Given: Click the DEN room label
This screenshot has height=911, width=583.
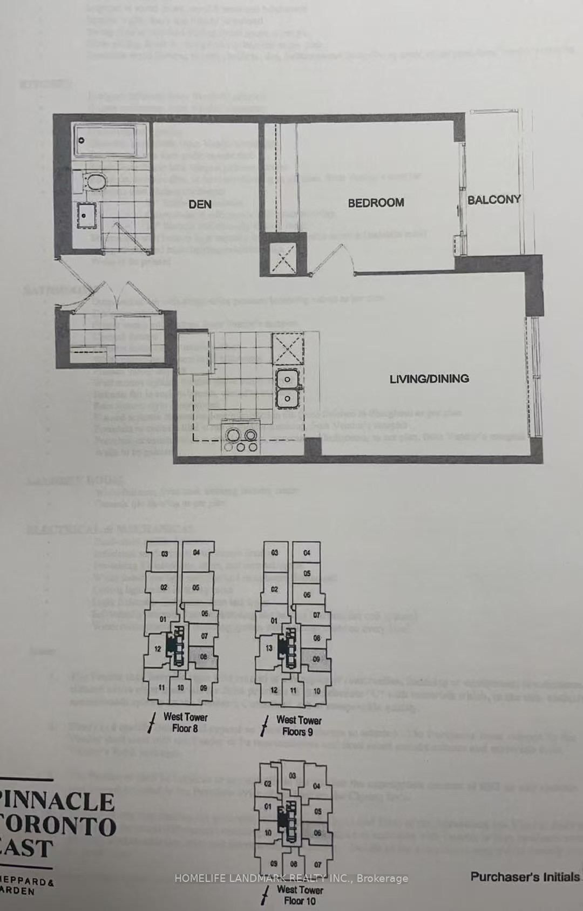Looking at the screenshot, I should (x=200, y=204).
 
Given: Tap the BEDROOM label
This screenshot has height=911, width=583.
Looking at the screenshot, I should (x=376, y=203).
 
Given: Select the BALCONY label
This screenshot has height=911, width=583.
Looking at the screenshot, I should (x=493, y=200).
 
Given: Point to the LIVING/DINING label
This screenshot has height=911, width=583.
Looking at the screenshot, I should (x=429, y=379).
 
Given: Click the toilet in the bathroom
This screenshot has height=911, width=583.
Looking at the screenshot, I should (x=96, y=182).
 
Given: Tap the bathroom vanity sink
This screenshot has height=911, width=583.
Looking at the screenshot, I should (x=86, y=216).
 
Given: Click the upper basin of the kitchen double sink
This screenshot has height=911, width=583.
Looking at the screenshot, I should (x=287, y=379).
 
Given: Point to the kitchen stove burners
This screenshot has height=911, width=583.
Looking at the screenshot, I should (x=242, y=440).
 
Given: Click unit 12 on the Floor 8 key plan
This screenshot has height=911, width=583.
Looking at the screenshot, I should (x=158, y=649).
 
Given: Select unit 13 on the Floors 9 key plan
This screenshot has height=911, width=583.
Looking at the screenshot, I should (x=269, y=648).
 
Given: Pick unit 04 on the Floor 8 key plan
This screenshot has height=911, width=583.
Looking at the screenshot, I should (x=196, y=552).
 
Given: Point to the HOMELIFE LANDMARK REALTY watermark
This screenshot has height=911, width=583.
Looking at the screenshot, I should (x=291, y=879).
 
